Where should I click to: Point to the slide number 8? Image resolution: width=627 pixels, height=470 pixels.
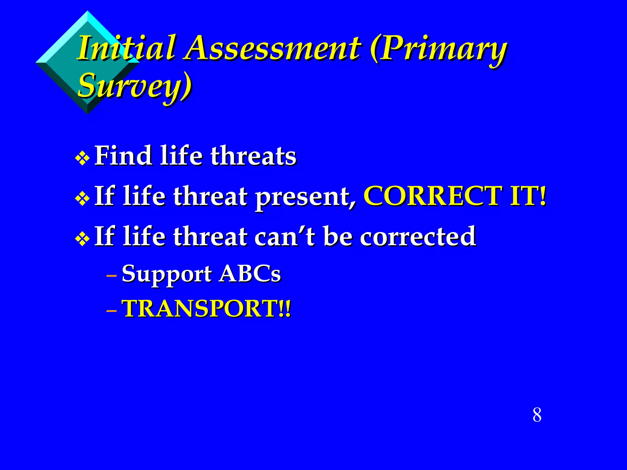tap(537, 415)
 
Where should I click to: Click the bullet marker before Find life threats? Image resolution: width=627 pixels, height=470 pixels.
tap(82, 159)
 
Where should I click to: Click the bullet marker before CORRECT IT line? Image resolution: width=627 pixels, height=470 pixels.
tap(82, 199)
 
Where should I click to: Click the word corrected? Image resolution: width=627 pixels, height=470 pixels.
tap(418, 236)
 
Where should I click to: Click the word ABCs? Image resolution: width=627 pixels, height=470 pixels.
tap(250, 273)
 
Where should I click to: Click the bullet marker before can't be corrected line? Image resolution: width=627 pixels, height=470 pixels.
tap(82, 239)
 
